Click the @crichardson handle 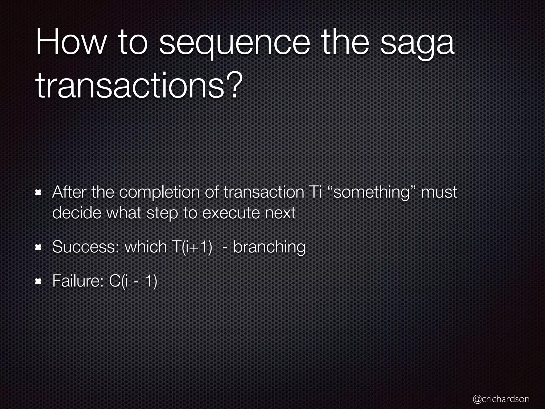(501, 399)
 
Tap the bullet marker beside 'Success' (38, 247)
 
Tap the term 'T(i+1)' (190, 247)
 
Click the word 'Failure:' (78, 281)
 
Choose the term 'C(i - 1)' (133, 281)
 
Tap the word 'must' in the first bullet (439, 192)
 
